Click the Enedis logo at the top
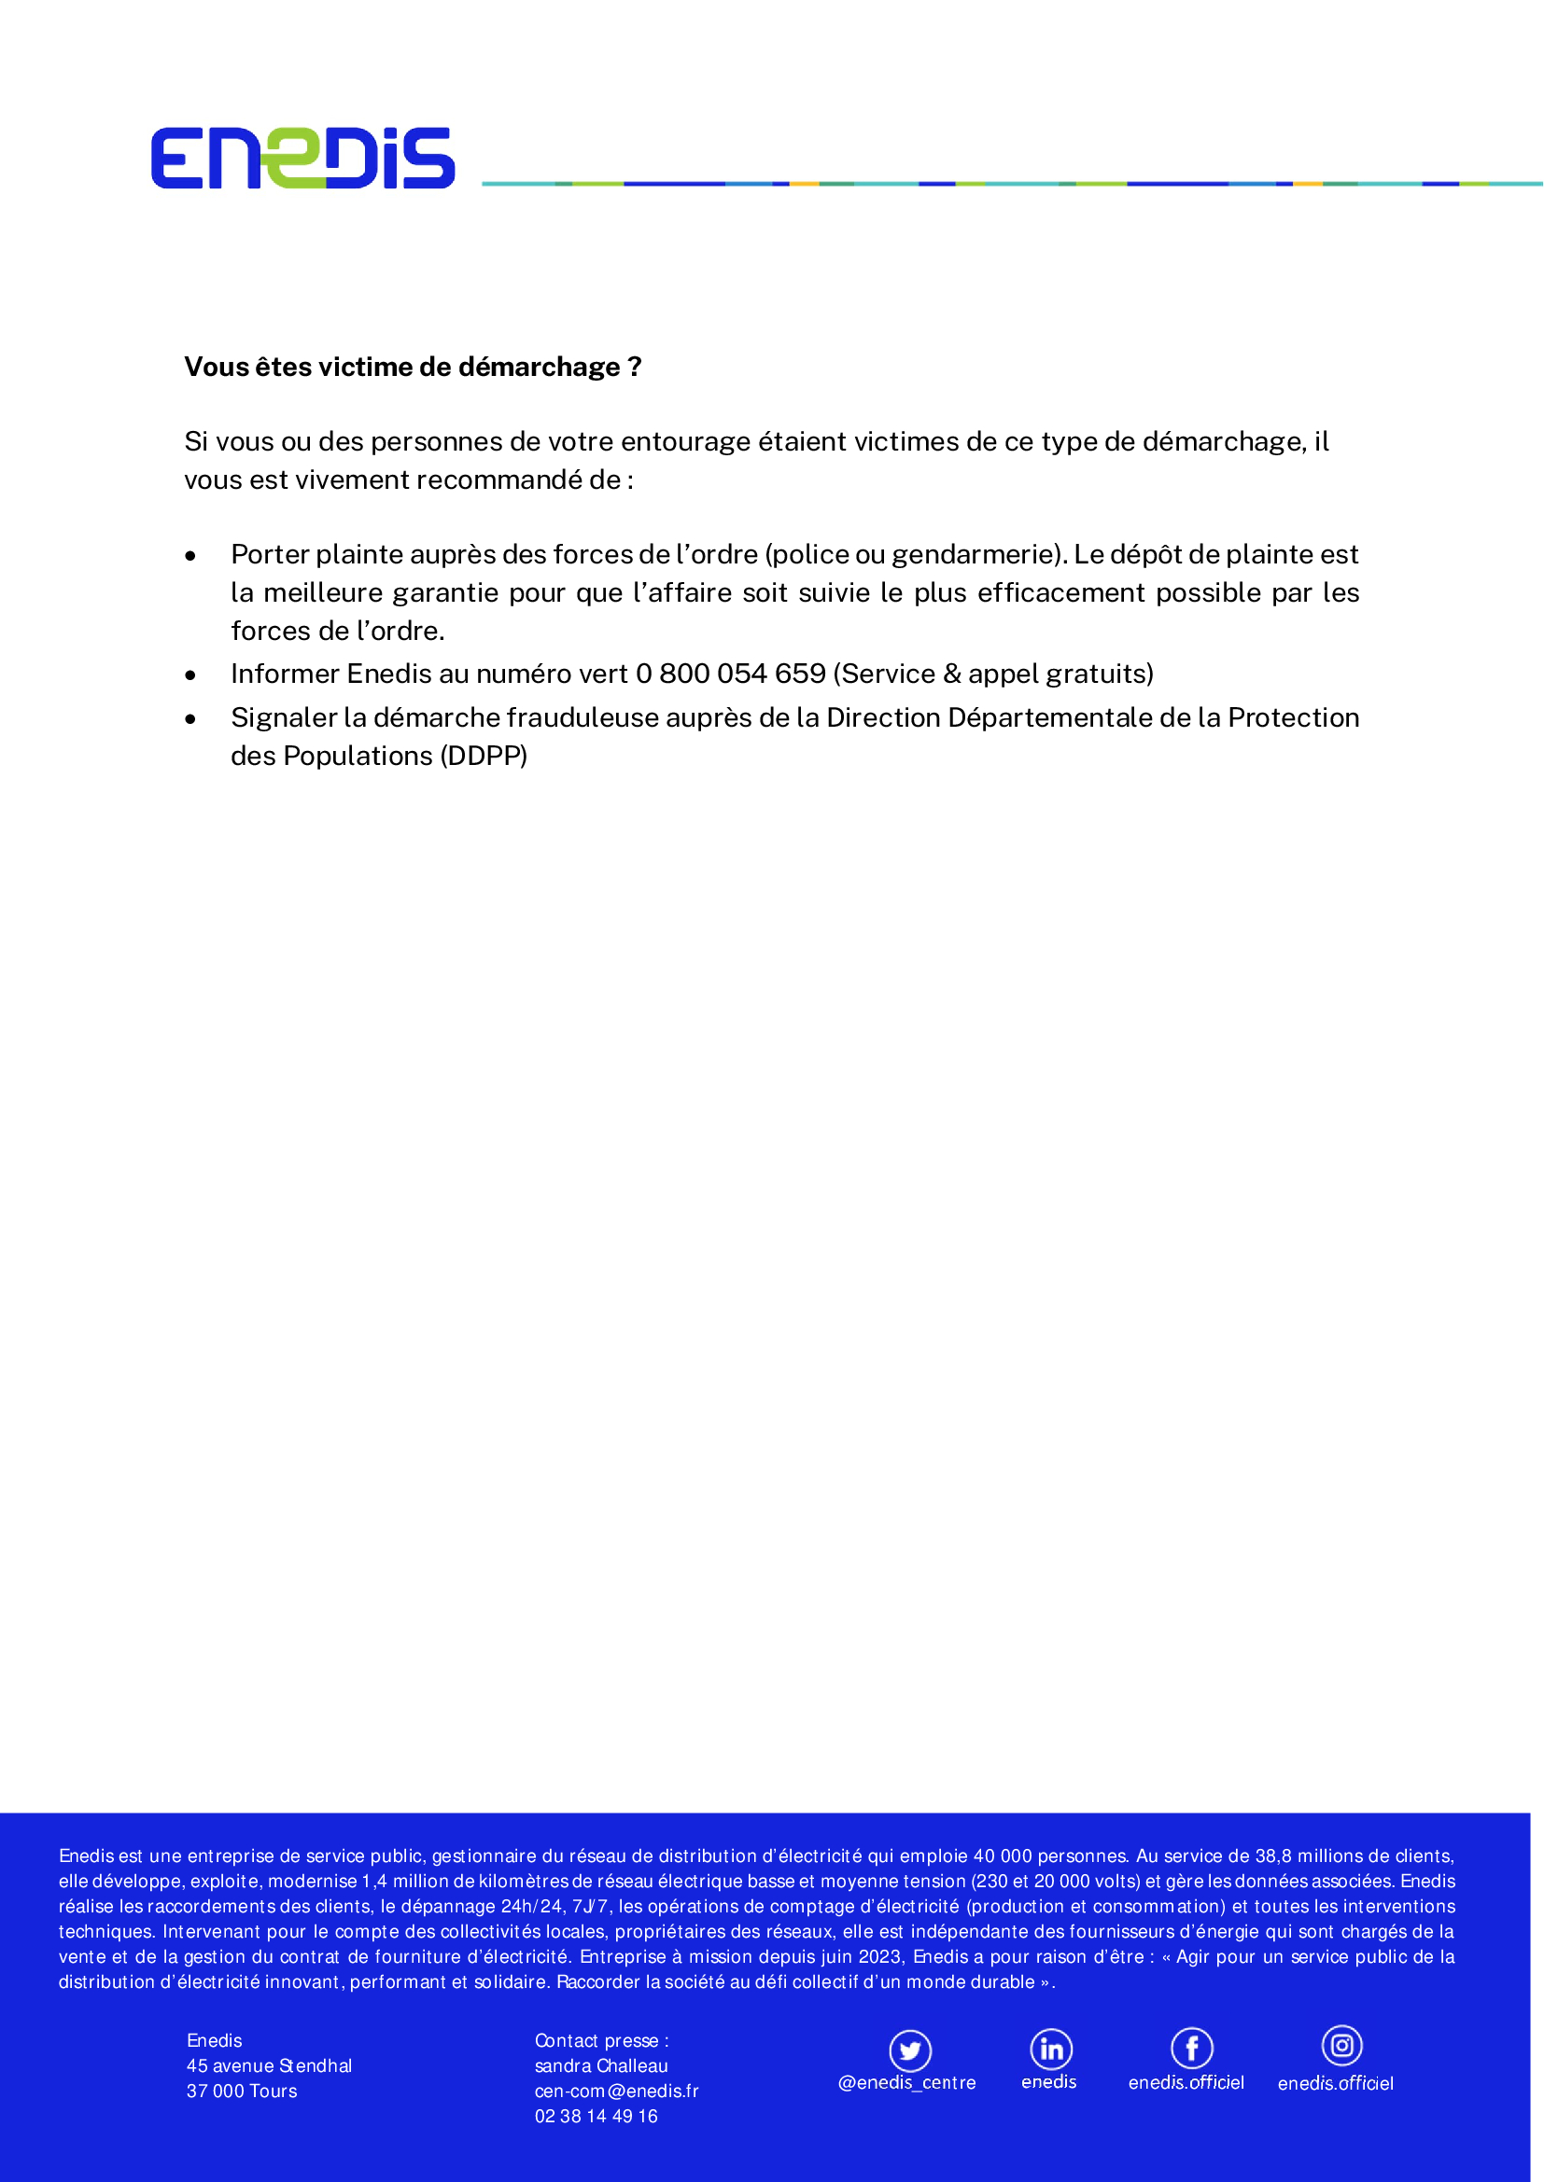302,158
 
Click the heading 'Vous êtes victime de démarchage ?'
413,367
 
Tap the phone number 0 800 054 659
730,674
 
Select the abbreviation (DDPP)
483,756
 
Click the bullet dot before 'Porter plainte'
191,556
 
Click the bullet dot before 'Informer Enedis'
191,675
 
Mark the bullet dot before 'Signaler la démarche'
191,719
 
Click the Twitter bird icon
910,2050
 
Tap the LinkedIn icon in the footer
1050,2049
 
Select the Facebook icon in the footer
1191,2049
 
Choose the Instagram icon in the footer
1341,2045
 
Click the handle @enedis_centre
906,2083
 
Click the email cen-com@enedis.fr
616,2092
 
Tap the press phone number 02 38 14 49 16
597,2117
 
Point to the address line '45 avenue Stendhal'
269,2066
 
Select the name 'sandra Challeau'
601,2066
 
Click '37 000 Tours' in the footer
242,2092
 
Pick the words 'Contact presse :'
602,2040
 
